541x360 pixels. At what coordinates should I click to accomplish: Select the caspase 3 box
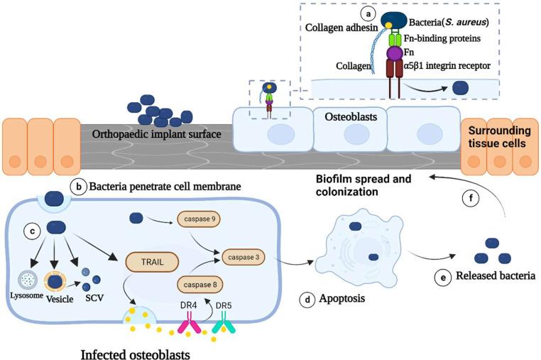[246, 254]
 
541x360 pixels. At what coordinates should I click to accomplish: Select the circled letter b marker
[79, 187]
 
